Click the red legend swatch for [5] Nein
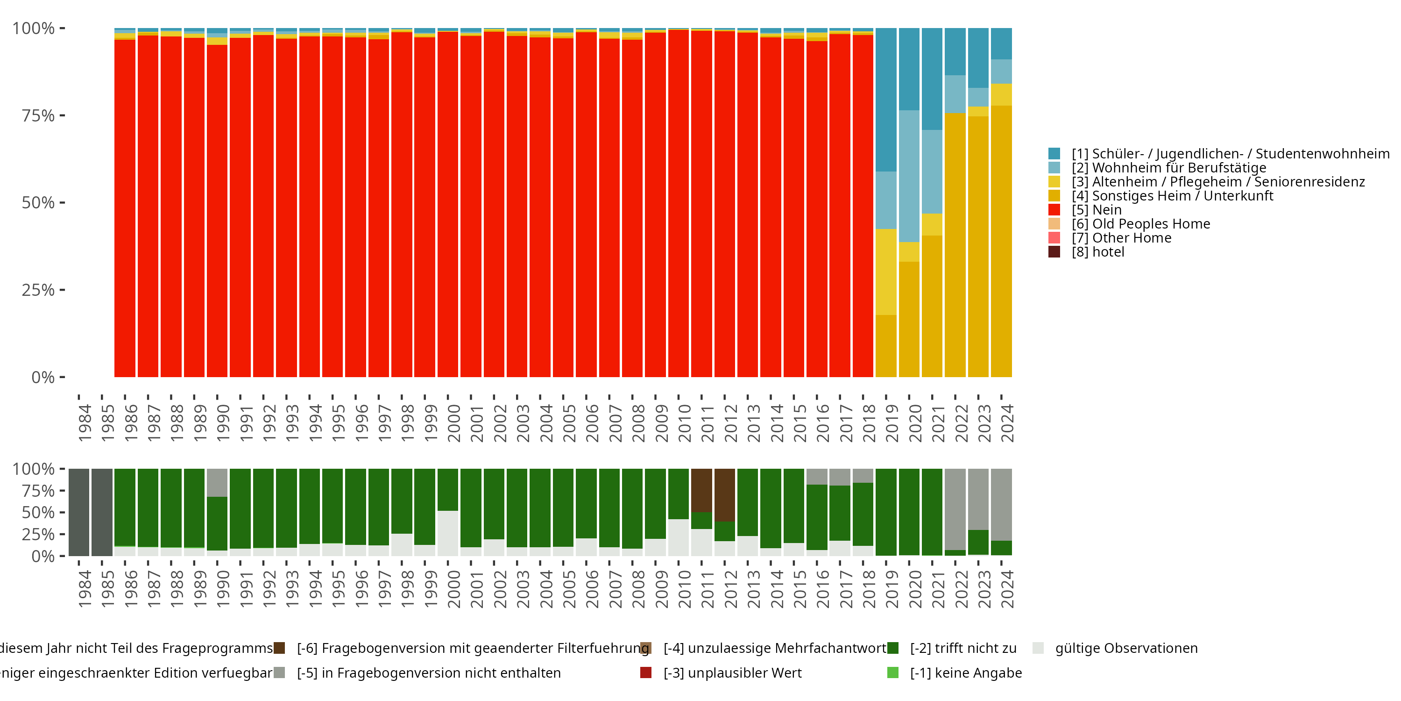[1054, 209]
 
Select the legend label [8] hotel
[1097, 252]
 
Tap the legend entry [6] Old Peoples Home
[1140, 224]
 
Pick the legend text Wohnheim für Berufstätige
[1179, 168]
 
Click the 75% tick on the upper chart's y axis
[38, 115]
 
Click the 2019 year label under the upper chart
[892, 423]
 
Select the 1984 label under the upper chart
[85, 423]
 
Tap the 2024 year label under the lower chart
[1007, 589]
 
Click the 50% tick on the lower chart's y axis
[38, 513]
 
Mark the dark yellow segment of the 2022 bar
[955, 245]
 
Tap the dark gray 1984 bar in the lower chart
[79, 512]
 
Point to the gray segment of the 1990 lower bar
[217, 482]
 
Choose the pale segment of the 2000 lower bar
[447, 533]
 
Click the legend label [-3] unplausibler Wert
[732, 672]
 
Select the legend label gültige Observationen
[1126, 648]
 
